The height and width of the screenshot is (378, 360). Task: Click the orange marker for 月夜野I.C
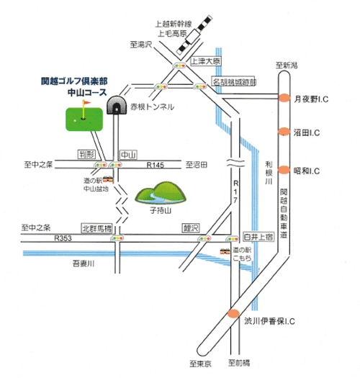coord(284,98)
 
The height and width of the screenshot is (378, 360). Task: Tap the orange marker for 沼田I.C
coord(284,132)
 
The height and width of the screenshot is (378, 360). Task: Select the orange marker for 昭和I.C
coord(284,170)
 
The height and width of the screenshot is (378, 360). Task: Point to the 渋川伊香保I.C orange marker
coord(233,313)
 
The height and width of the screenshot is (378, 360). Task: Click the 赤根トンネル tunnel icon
coord(117,105)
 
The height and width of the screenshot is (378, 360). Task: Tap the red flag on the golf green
coord(86,103)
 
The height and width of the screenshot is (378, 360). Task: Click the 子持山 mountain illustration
coord(161,194)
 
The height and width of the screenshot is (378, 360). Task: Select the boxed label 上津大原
coord(206,61)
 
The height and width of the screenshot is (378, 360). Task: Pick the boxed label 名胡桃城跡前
coord(234,82)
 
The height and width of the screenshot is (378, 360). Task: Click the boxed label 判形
coord(87,154)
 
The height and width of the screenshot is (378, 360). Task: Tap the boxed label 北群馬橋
coord(97,228)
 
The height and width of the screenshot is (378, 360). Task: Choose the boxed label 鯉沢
coord(191,228)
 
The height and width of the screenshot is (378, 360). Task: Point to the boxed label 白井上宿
coord(258,237)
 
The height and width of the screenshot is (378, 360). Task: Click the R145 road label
coord(156,165)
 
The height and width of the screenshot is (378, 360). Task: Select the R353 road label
coord(63,238)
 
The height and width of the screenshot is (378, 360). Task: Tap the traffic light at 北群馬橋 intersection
coord(117,238)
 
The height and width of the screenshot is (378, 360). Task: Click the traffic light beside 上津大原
coord(179,66)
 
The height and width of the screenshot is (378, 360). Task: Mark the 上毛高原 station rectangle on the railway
coord(193,37)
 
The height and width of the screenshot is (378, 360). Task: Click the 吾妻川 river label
coord(84,264)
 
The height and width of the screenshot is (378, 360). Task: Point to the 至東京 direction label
coord(200,364)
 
